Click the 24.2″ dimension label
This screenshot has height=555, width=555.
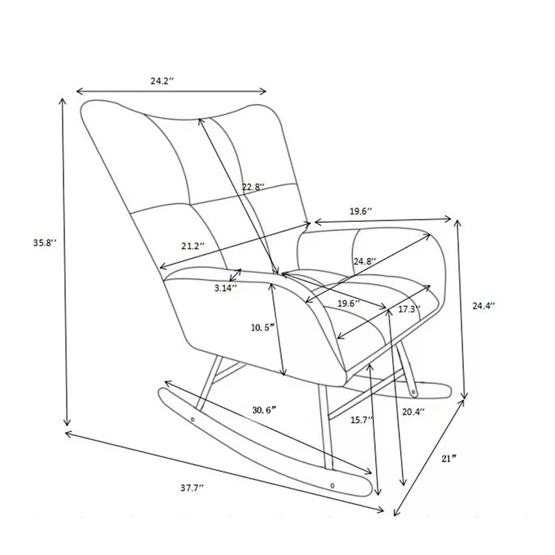162,80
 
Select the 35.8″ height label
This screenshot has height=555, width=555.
45,243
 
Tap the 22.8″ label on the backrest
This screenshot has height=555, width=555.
253,187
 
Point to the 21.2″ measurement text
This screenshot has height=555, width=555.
194,246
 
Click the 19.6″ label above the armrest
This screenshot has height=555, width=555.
361,212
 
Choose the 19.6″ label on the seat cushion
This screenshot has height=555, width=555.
349,303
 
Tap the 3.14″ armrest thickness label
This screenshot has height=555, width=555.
225,288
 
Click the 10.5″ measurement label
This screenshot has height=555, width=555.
263,327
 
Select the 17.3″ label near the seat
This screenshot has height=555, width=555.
409,309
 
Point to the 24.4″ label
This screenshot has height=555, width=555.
484,306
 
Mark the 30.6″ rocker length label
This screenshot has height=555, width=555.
264,410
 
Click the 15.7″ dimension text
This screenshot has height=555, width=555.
362,420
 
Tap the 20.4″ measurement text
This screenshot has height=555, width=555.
413,411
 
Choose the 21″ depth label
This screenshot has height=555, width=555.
448,459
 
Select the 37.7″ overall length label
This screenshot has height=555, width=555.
193,488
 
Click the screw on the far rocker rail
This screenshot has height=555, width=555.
413,392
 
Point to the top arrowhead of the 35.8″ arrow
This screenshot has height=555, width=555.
63,101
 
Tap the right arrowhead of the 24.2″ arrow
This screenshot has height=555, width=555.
263,92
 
